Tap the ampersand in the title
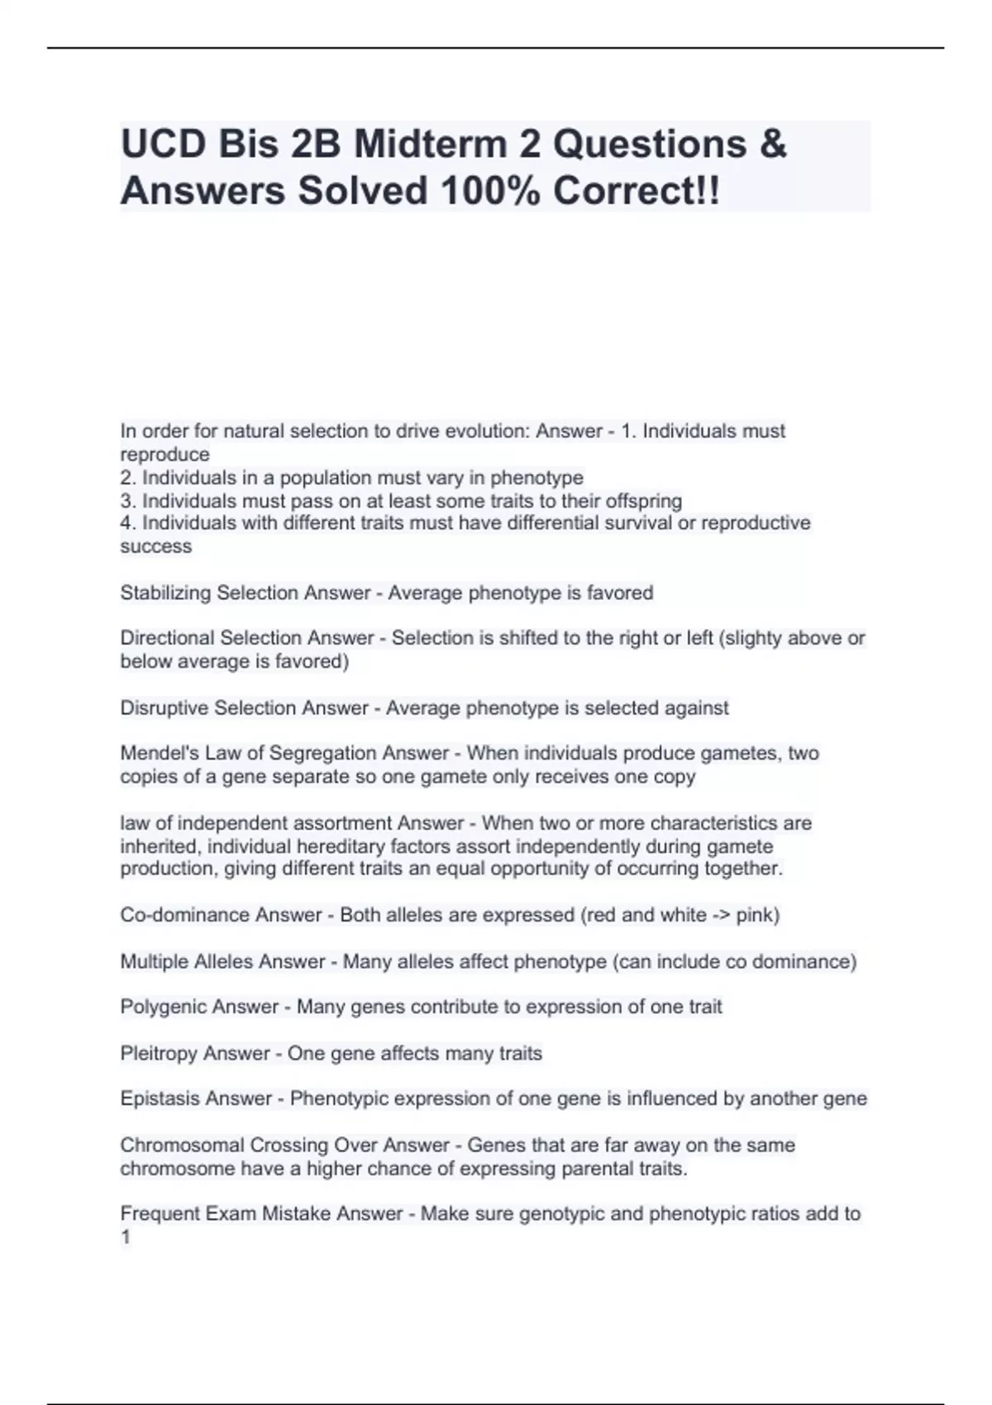[x=770, y=145]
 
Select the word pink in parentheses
[x=754, y=915]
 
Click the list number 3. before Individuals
[x=128, y=501]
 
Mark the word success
[x=156, y=546]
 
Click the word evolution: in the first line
[x=488, y=431]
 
